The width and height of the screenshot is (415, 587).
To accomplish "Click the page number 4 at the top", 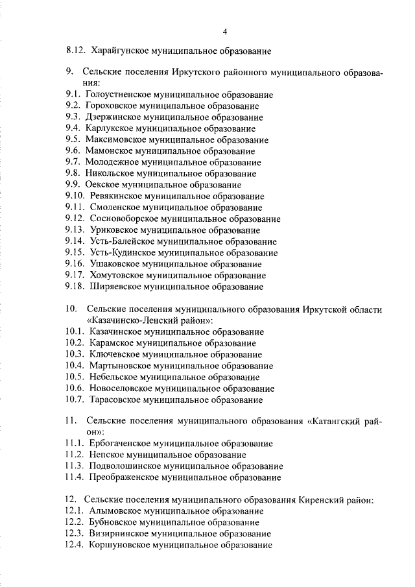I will pyautogui.click(x=224, y=31).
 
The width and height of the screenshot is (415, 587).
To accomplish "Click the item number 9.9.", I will pyautogui.click(x=73, y=184).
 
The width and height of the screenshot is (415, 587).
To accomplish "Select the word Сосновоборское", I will pyautogui.click(x=124, y=218).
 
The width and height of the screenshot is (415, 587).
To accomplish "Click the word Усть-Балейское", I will pyautogui.click(x=122, y=241).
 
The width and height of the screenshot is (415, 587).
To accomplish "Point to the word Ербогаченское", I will pyautogui.click(x=122, y=444).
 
